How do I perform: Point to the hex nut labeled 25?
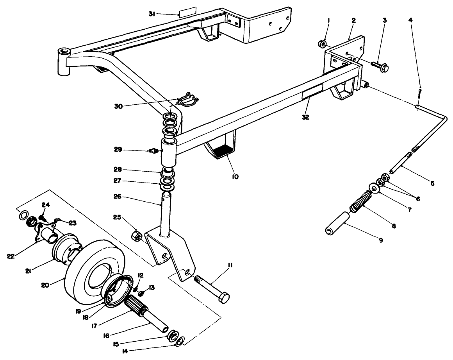(x=136, y=236)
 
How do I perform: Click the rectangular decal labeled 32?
(x=312, y=93)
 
